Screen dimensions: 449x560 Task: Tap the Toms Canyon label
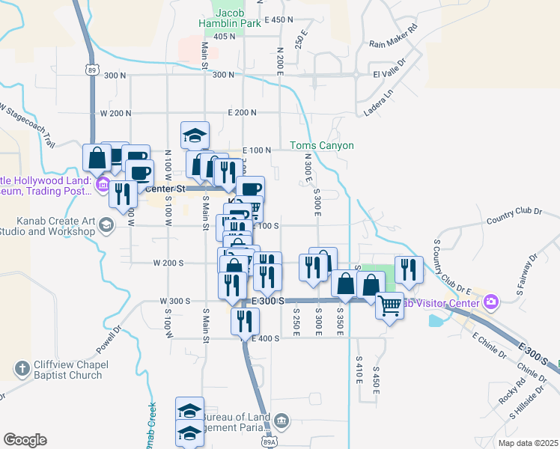coord(322,145)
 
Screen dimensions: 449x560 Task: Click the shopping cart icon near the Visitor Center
coord(389,305)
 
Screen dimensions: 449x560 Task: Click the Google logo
coord(25,440)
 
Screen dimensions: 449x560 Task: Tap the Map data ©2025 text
coord(529,443)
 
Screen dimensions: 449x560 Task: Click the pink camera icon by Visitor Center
coord(491,302)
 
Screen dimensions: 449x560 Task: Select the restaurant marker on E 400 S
coord(245,322)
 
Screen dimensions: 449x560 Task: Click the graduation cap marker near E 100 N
coord(195,135)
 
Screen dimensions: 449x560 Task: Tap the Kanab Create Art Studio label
coord(48,226)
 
